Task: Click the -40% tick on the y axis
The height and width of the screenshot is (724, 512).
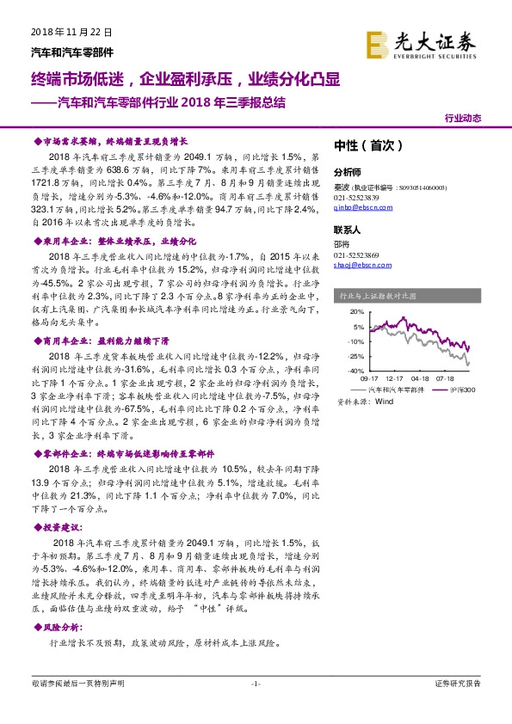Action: pos(353,371)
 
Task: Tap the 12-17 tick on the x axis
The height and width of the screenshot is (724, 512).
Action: pos(396,377)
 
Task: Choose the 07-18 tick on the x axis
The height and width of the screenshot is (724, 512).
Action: pos(445,377)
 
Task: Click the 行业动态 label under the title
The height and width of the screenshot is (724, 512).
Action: pos(462,118)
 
